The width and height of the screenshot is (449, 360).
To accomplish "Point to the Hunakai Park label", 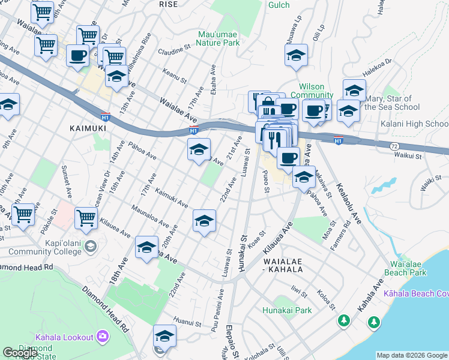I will pos(287,310).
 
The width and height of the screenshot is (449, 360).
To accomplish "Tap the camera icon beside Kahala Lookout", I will pos(103,336).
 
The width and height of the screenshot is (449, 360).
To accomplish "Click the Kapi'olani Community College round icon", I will pos(90,245).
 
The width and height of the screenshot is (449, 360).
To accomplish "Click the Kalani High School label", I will pos(414,124).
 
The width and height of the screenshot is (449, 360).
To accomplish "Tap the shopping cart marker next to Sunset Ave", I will pos(23,214).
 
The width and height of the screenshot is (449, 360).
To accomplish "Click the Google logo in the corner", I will pos(20,353).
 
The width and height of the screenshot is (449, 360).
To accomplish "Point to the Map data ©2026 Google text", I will pos(411,355).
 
